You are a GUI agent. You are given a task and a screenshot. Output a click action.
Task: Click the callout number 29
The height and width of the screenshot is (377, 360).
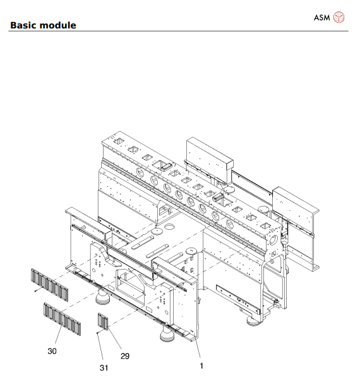point(125,356)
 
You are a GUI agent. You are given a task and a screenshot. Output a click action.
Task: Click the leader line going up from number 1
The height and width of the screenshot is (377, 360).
point(197,351)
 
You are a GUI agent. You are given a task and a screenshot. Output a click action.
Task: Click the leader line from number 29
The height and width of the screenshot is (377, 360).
point(117,342)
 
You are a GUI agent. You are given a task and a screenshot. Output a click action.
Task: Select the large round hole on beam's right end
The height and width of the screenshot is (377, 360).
point(272,241)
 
